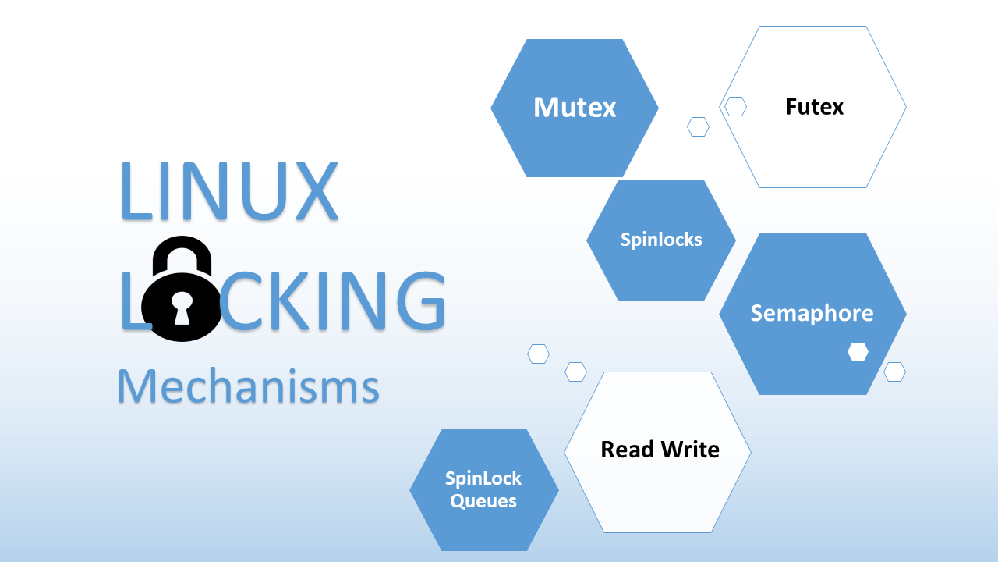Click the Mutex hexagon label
pos(575,108)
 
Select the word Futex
pos(814,106)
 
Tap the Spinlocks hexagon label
pos(661,240)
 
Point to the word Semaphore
pos(812,313)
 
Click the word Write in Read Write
pos(689,450)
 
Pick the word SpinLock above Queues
pos(483,478)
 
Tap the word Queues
pos(483,501)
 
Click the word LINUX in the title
pos(228,191)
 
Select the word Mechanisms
pos(248,386)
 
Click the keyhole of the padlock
pos(182,308)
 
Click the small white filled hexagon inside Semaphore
pos(858,352)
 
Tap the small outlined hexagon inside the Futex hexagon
pos(735,107)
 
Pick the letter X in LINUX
pos(311,191)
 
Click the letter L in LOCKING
pos(132,300)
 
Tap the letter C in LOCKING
pos(240,300)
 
